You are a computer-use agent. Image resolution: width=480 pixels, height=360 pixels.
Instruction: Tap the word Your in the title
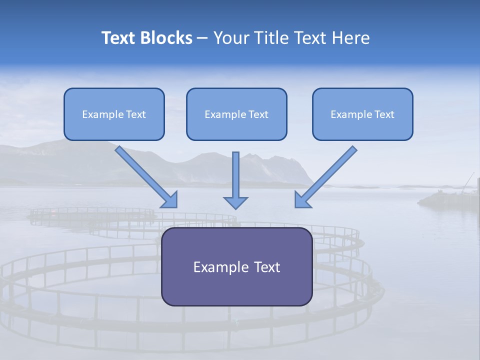click(230, 38)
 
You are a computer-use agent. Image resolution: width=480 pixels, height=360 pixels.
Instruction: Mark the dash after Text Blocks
click(202, 38)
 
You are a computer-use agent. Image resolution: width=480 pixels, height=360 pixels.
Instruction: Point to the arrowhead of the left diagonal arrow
click(170, 200)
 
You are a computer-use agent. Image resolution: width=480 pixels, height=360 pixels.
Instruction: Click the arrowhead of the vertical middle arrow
click(235, 202)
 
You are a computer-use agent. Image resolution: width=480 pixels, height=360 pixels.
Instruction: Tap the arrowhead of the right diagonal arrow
click(302, 200)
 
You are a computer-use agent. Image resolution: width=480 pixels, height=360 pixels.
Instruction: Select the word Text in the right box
click(384, 114)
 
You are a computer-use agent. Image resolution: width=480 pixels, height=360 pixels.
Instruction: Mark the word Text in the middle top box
click(258, 114)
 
